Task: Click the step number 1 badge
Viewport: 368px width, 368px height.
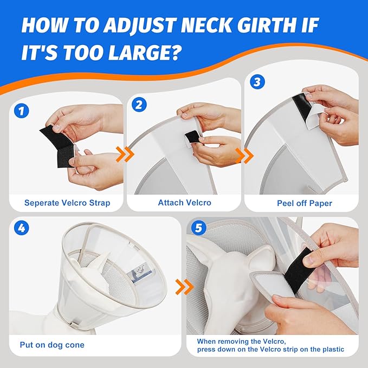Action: coord(21,112)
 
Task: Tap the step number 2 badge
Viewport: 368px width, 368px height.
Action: coord(139,104)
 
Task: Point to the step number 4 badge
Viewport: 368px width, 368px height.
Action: coord(21,228)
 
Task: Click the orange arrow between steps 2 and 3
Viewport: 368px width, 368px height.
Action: coord(247,156)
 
